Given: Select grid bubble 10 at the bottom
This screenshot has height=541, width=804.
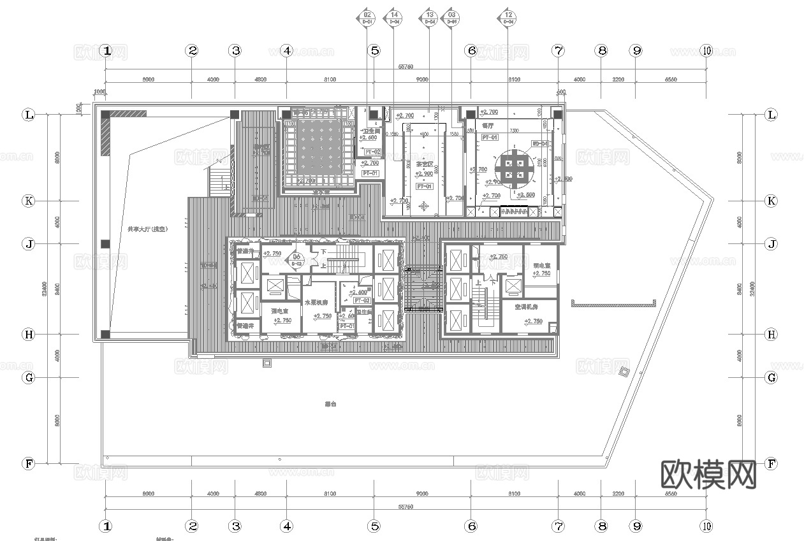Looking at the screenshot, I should pos(706,526).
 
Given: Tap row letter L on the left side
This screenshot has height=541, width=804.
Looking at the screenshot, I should pos(29,115).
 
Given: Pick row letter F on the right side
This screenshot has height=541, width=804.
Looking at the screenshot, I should pos(771,464).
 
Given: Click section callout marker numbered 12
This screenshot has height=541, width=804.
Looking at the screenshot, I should pos(508,17).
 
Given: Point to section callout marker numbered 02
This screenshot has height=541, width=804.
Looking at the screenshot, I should pos(367,17).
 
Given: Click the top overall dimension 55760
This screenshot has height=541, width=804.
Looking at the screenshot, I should pos(406,66).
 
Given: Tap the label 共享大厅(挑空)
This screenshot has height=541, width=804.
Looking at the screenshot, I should pos(147,228).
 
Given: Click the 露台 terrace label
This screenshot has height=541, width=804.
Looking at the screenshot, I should pos(330,403).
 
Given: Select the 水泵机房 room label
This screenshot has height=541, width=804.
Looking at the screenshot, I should pos(316,303).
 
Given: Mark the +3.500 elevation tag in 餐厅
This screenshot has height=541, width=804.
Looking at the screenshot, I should pos(525,195).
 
